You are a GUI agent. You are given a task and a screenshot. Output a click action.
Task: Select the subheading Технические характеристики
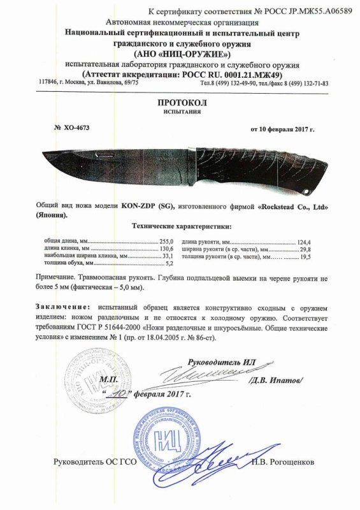click(180, 226)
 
